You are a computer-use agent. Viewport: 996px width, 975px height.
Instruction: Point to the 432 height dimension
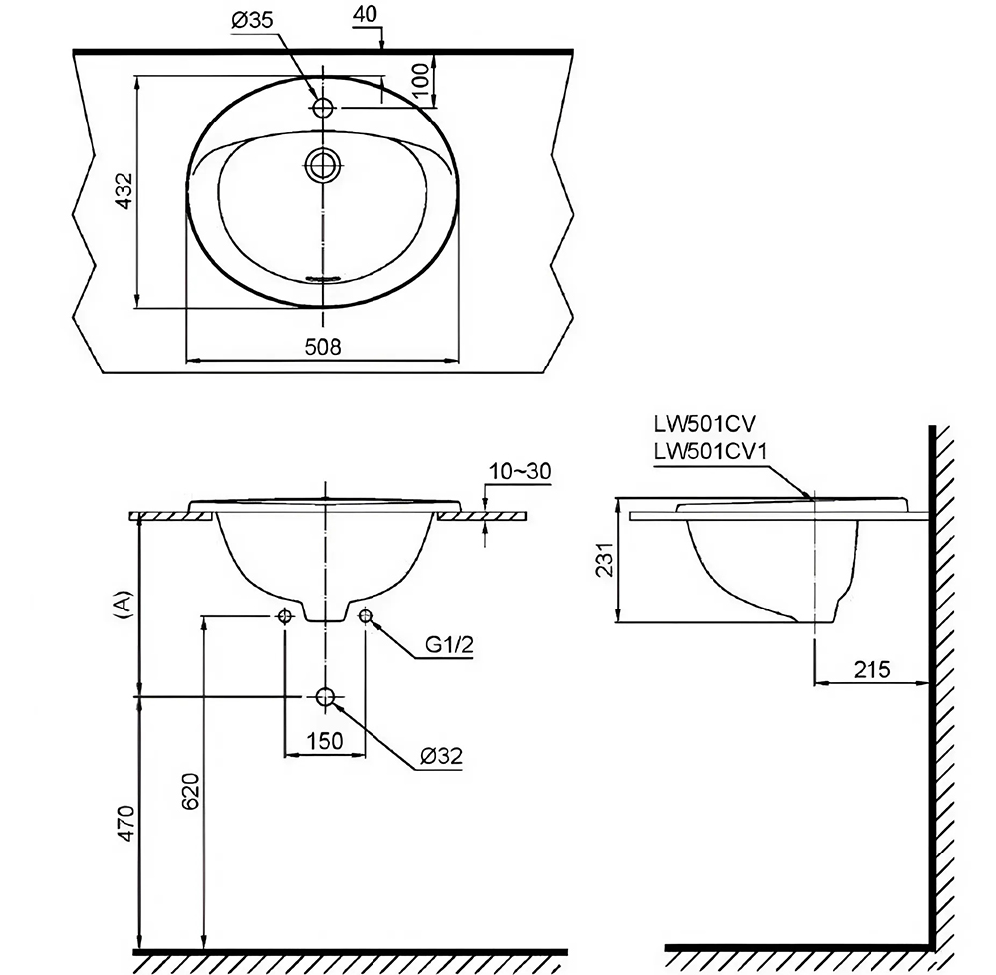124,189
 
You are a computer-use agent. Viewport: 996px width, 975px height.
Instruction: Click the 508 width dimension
323,346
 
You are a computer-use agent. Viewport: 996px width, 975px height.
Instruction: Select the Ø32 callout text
440,757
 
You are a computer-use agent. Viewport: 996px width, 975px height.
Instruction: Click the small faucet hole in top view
324,108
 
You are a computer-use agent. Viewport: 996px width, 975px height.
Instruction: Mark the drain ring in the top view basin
324,164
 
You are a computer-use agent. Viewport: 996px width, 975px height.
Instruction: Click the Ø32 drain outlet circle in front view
325,696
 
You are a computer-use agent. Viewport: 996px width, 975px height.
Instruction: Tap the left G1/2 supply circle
285,616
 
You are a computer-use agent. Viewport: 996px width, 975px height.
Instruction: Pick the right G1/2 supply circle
365,616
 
